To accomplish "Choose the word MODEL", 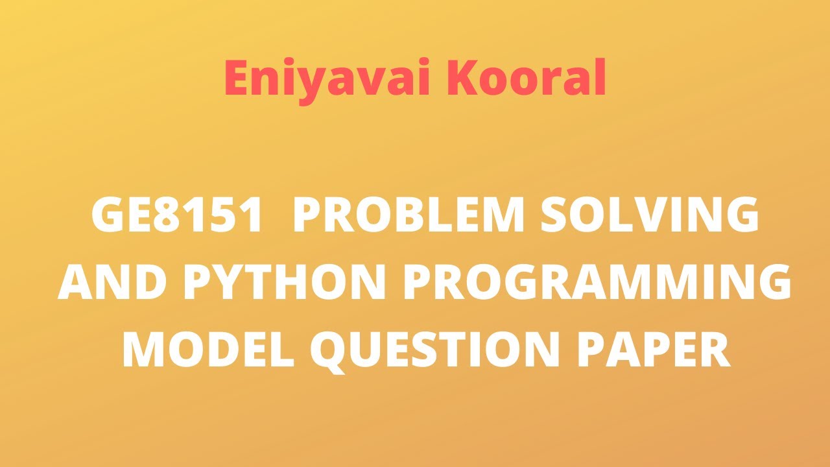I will pyautogui.click(x=208, y=351).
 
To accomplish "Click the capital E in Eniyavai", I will pyautogui.click(x=238, y=78).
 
